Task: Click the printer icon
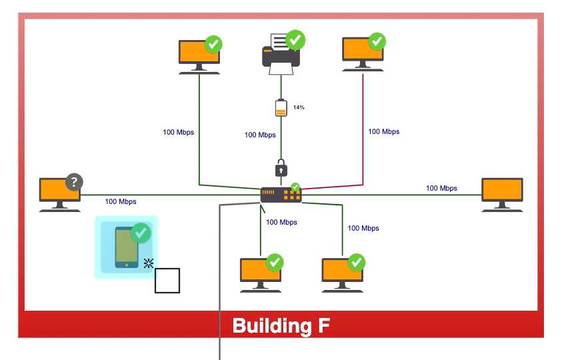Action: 281,54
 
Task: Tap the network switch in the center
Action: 281,195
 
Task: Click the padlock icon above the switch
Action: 281,167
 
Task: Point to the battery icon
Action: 281,107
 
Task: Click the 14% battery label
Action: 299,107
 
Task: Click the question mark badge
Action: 74,181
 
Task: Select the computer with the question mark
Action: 59,193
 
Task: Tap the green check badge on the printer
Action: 295,39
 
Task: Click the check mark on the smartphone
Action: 141,233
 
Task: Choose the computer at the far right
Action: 502,194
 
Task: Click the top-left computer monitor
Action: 199,55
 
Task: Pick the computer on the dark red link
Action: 363,53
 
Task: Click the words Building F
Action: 281,326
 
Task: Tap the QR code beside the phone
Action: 149,263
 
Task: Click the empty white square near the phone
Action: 167,281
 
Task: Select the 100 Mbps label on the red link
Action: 384,131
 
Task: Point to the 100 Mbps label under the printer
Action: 260,135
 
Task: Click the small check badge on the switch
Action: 295,187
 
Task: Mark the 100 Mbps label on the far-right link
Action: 441,188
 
